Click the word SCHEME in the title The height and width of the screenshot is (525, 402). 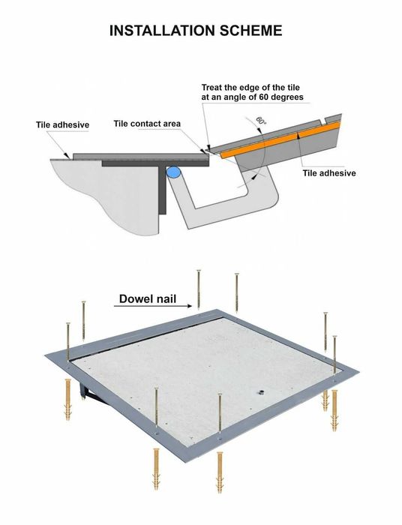250,31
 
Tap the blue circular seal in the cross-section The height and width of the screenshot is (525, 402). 174,172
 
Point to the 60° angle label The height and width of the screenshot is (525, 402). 260,121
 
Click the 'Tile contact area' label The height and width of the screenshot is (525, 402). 147,124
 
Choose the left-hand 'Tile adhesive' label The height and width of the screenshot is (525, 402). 63,124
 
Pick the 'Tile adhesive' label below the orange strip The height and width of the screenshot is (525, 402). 328,173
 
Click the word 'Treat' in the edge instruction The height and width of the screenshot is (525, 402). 214,88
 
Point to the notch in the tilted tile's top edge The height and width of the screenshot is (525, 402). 323,118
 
